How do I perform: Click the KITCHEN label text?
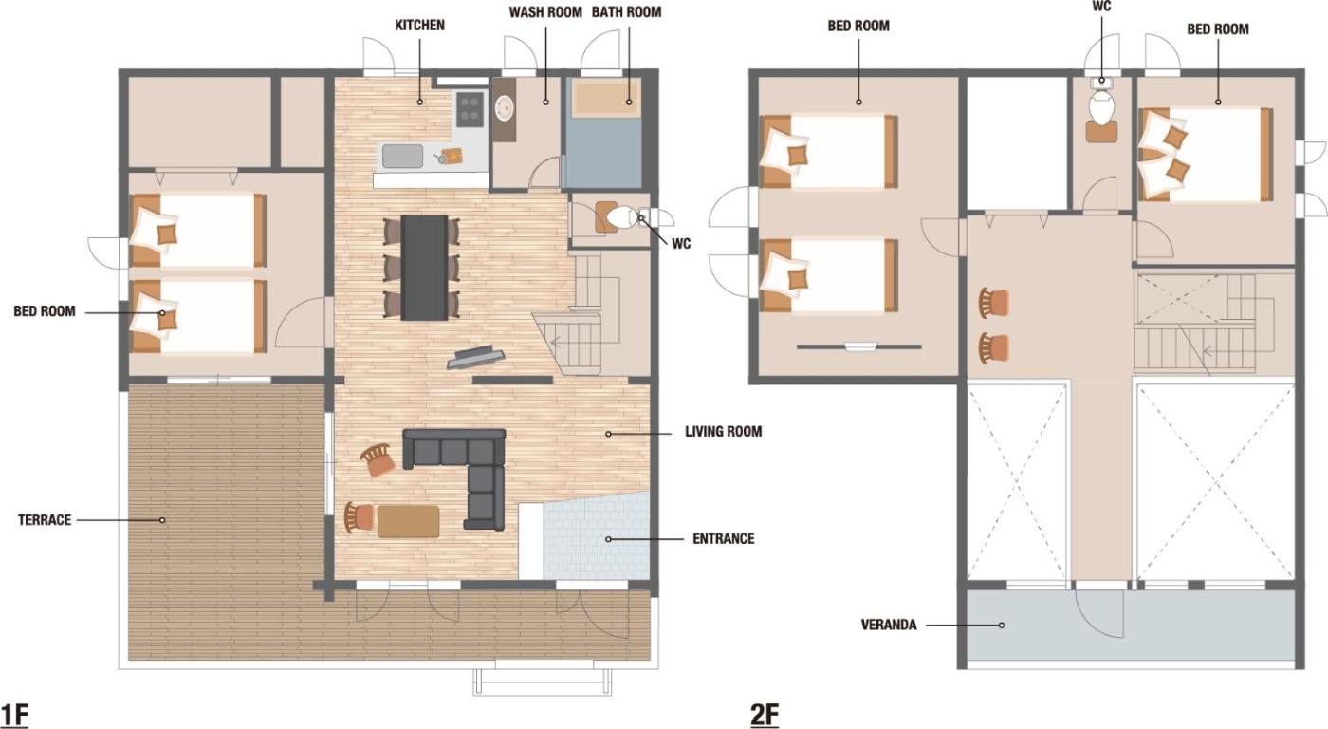(419, 26)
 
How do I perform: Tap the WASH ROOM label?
(545, 12)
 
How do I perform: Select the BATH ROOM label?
(627, 12)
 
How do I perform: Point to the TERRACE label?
(45, 520)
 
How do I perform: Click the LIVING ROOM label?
(723, 431)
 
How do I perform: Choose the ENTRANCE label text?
(723, 538)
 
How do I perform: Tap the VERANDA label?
(889, 625)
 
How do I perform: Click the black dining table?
(425, 268)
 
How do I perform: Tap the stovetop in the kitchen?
(470, 108)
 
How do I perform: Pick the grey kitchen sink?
(402, 156)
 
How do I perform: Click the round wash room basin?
(505, 108)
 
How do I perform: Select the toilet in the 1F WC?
(620, 217)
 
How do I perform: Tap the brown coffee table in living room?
(409, 521)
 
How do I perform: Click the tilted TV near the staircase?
(475, 357)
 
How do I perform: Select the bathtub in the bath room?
(605, 98)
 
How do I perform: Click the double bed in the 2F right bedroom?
(1206, 154)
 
